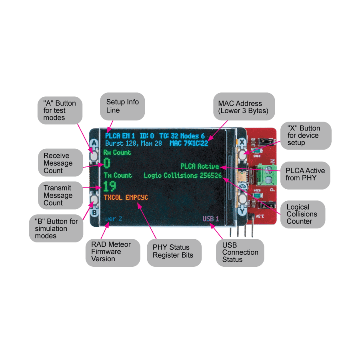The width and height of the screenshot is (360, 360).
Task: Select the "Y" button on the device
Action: tap(242, 199)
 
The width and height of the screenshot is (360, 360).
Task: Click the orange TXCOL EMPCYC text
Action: tap(126, 198)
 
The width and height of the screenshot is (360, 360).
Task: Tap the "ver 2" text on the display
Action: tap(113, 219)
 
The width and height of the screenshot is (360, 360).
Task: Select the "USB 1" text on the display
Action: tap(210, 219)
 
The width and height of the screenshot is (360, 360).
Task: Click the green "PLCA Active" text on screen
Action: tap(199, 166)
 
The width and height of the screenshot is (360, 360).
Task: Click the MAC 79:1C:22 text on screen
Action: tap(188, 143)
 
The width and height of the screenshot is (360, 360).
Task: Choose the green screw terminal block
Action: tap(266, 173)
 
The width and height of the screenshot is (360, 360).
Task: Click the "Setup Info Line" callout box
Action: tap(122, 106)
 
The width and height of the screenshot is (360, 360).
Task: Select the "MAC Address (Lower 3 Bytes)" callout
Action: tap(244, 106)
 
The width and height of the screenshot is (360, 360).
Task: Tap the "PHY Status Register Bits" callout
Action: tap(174, 252)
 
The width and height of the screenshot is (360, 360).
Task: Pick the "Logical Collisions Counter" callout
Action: tap(302, 214)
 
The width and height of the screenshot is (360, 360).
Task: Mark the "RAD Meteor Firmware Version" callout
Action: tap(112, 252)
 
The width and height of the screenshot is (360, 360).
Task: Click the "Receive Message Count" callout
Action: tap(58, 163)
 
